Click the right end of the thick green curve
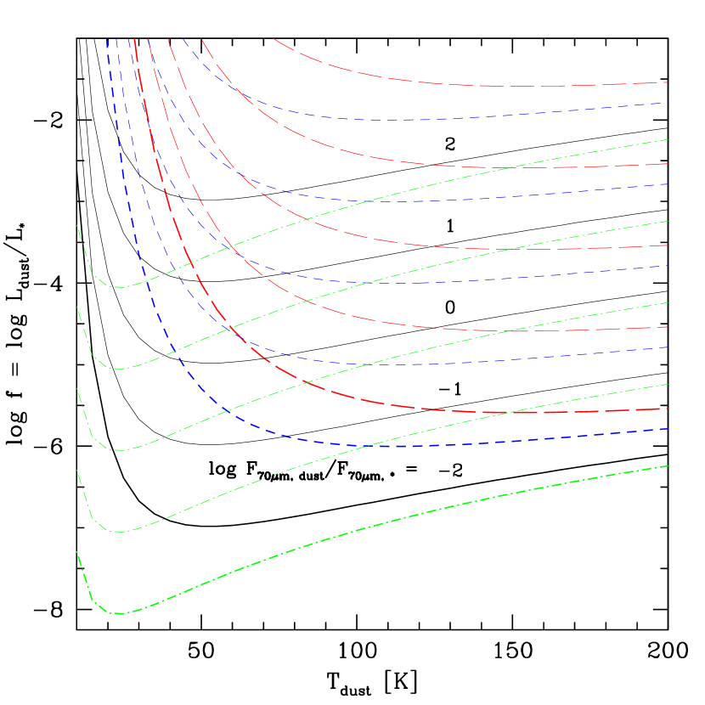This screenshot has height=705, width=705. coord(668,465)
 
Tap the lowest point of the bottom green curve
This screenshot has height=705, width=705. coord(121,613)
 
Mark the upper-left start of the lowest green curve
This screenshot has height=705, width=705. coord(77,552)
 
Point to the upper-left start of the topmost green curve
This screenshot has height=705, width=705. coord(77,226)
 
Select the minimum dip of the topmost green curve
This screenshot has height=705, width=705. coord(121,287)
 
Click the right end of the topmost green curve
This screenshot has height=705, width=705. coord(668,139)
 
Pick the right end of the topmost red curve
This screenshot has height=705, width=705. coord(668,82)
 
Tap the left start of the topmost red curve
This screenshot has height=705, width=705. coord(274,38)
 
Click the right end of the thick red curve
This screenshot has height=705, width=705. coord(668,409)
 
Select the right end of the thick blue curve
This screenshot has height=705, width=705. coord(668,429)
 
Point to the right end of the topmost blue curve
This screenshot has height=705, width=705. coord(668,103)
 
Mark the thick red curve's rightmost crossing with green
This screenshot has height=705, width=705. coord(508,413)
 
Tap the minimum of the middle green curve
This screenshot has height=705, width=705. coord(121,450)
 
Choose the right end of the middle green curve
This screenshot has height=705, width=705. coord(668,302)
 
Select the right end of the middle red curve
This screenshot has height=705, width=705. coord(668,245)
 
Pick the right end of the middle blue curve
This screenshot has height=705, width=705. coord(668,266)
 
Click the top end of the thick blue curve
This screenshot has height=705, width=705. coord(107,38)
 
